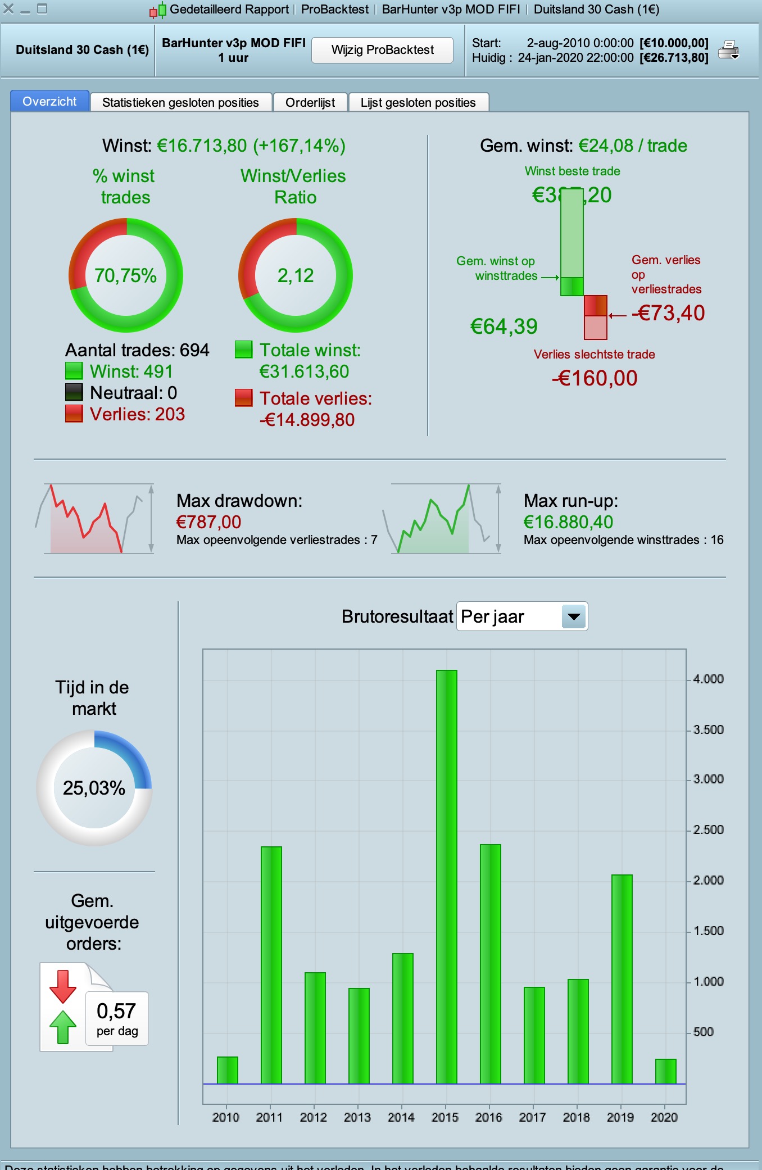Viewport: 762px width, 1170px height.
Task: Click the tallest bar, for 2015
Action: click(446, 877)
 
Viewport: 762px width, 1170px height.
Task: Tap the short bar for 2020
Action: click(665, 1071)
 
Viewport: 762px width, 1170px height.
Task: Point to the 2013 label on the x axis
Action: click(357, 1117)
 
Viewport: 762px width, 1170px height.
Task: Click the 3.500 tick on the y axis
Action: click(708, 729)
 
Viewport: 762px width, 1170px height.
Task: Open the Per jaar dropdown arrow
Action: click(574, 616)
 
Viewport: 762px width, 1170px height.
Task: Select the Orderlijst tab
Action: click(310, 102)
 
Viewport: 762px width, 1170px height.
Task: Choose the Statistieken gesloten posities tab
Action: click(180, 102)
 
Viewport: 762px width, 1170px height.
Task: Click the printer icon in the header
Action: click(728, 50)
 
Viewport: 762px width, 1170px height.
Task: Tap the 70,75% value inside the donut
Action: click(125, 275)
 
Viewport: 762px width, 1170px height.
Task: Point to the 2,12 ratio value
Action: click(296, 275)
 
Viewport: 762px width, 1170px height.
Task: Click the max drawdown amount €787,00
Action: click(208, 522)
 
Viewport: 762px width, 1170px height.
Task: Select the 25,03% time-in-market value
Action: click(94, 788)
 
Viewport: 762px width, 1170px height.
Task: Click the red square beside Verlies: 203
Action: click(74, 414)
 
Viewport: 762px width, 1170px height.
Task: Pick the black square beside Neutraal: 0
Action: click(74, 392)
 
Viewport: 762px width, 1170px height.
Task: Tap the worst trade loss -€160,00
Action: click(595, 378)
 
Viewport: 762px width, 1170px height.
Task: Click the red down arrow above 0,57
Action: click(63, 986)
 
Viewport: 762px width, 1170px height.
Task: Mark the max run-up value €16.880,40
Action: click(568, 522)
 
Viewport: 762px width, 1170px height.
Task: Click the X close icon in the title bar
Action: click(8, 9)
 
